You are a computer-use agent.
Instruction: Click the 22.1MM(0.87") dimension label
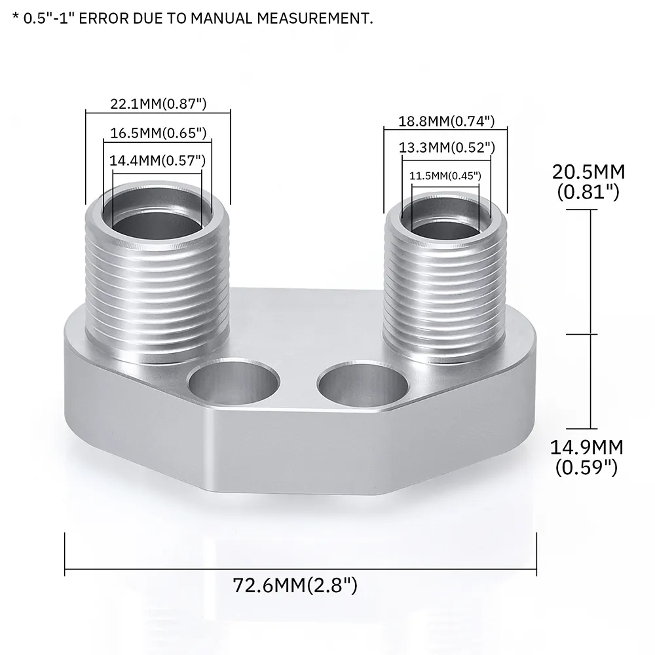tap(158, 103)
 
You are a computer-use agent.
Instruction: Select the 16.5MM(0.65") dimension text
tap(158, 133)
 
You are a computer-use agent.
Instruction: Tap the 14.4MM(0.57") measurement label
tap(157, 160)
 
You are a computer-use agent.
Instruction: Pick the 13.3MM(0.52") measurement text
tap(446, 148)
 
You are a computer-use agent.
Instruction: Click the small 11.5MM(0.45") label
tap(445, 176)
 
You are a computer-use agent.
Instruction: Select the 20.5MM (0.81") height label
tap(588, 181)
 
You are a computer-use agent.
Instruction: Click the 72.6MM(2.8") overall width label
tap(295, 585)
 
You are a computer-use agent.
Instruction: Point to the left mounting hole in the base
tap(232, 383)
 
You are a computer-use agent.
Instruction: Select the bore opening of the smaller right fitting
tap(445, 226)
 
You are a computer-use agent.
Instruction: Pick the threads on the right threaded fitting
tap(445, 295)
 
